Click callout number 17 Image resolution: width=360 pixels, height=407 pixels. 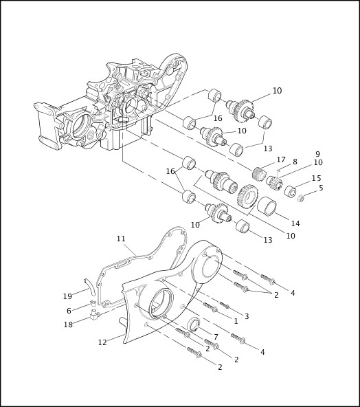click(281, 159)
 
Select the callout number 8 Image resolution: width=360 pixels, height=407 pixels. click(295, 162)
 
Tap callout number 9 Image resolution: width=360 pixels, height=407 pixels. click(317, 154)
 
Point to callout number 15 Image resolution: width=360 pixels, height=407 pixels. click(316, 178)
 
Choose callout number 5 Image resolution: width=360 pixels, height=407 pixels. click(321, 187)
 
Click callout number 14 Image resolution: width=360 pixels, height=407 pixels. click(295, 223)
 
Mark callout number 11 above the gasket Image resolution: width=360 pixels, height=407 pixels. click(121, 239)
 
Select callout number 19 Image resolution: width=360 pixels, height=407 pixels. click(67, 296)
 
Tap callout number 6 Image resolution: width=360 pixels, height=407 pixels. click(69, 311)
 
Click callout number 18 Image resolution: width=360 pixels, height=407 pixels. click(67, 324)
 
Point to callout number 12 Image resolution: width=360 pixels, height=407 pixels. click(102, 342)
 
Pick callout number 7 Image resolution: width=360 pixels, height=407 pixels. click(215, 336)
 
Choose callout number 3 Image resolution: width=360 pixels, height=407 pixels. click(246, 316)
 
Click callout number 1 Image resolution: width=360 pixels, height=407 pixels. click(236, 321)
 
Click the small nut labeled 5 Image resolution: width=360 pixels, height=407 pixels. click(301, 199)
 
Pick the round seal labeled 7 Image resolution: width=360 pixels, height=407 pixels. click(193, 324)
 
